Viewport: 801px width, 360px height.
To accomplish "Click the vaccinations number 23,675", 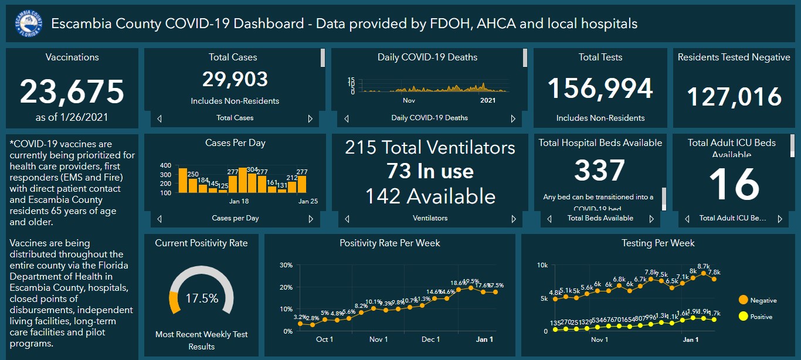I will coord(72,92).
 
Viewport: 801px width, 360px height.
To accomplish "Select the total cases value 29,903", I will coord(235,79).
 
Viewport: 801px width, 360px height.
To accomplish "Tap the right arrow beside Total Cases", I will coord(311,118).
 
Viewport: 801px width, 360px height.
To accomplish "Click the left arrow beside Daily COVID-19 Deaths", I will coord(346,118).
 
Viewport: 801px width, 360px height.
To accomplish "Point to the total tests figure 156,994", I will coord(600,89).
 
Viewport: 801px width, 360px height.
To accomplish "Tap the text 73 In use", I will coord(430,171).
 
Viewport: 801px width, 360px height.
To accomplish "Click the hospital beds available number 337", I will coord(599,171).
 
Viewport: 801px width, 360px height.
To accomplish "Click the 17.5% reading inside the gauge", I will coord(201,298).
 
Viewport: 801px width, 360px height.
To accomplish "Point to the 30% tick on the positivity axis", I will coord(286,265).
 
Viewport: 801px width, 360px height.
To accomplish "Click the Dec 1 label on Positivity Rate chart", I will coord(430,339).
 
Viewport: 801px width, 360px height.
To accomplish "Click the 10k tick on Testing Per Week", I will coord(542,266).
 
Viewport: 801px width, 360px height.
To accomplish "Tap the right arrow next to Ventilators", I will coord(513,219).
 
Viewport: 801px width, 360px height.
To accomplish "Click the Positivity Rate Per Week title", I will coord(390,243).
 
